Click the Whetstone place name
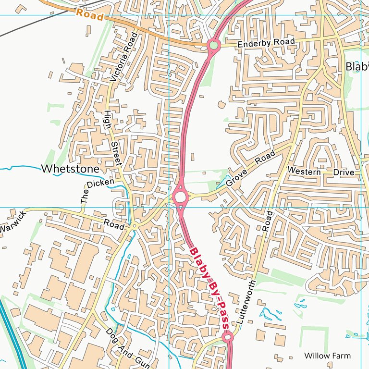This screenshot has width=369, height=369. [70, 169]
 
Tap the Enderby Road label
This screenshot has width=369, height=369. [266, 43]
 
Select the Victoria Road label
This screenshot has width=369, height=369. [121, 56]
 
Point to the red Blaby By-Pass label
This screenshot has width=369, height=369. [208, 288]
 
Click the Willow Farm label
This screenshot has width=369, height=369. [327, 356]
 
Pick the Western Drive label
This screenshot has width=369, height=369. [320, 172]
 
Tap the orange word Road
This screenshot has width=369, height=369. [89, 15]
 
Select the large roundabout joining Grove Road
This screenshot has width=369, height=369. [180, 197]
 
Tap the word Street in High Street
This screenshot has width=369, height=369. [116, 154]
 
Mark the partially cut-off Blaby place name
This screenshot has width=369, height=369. [357, 67]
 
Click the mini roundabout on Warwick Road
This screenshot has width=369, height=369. [135, 226]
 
